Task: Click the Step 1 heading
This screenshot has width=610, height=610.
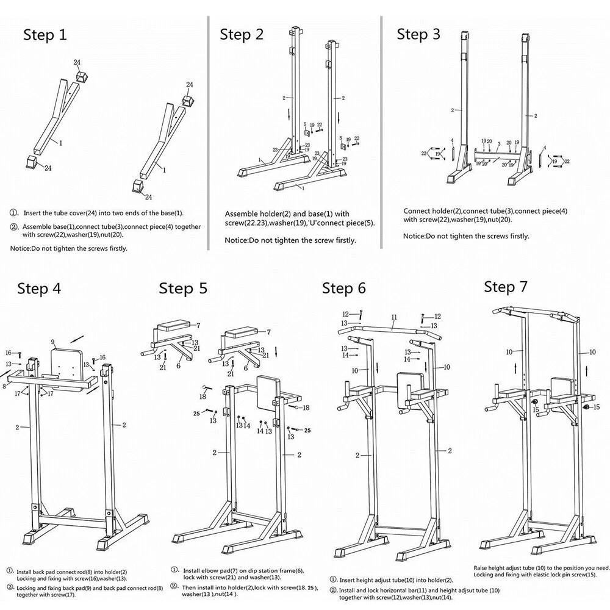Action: pyautogui.click(x=45, y=35)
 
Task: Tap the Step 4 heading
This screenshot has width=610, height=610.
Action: pyautogui.click(x=39, y=289)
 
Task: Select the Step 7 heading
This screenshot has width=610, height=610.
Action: pyautogui.click(x=506, y=286)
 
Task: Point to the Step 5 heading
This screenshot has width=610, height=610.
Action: pyautogui.click(x=183, y=289)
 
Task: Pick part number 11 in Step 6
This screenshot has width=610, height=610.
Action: pyautogui.click(x=394, y=317)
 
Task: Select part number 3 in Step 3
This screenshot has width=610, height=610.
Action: pyautogui.click(x=498, y=144)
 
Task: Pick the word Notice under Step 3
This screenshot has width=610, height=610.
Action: pyautogui.click(x=414, y=236)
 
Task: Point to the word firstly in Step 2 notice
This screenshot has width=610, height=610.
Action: pyautogui.click(x=343, y=240)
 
